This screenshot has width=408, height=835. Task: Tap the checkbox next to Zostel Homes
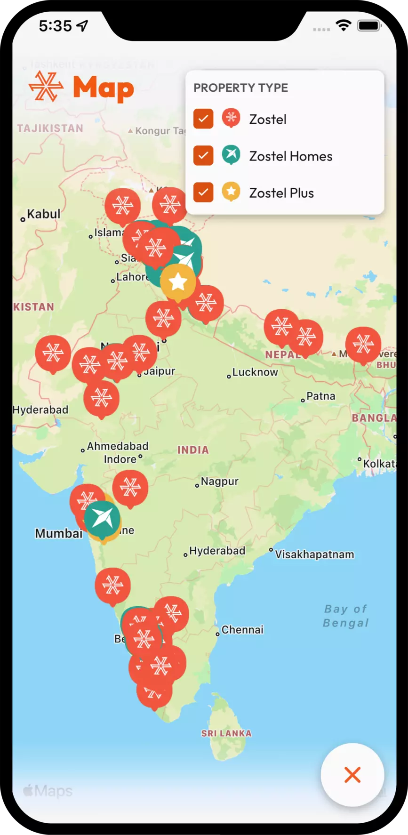(203, 155)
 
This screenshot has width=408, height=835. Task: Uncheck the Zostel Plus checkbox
(203, 192)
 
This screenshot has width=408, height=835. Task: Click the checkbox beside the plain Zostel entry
(203, 119)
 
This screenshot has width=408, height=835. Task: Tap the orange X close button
(352, 775)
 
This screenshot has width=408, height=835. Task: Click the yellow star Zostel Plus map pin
(178, 281)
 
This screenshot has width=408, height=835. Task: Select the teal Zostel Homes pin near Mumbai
(102, 518)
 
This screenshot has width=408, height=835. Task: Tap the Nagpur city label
(219, 482)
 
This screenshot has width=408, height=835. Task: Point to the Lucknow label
(255, 372)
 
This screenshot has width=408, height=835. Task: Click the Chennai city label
(242, 630)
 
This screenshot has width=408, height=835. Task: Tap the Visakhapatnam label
(314, 554)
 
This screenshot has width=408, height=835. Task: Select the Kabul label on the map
(43, 214)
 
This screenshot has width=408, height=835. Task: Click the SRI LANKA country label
(226, 733)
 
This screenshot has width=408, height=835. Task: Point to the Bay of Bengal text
(346, 616)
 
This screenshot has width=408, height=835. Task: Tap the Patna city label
(320, 396)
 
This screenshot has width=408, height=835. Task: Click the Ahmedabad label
(117, 446)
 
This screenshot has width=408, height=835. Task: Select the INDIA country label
(193, 450)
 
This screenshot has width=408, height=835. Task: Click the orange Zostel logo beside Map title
(46, 87)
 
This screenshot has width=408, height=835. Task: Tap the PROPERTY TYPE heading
(240, 88)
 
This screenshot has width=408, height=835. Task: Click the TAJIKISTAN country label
(50, 128)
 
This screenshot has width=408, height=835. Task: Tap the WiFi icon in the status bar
(344, 25)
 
